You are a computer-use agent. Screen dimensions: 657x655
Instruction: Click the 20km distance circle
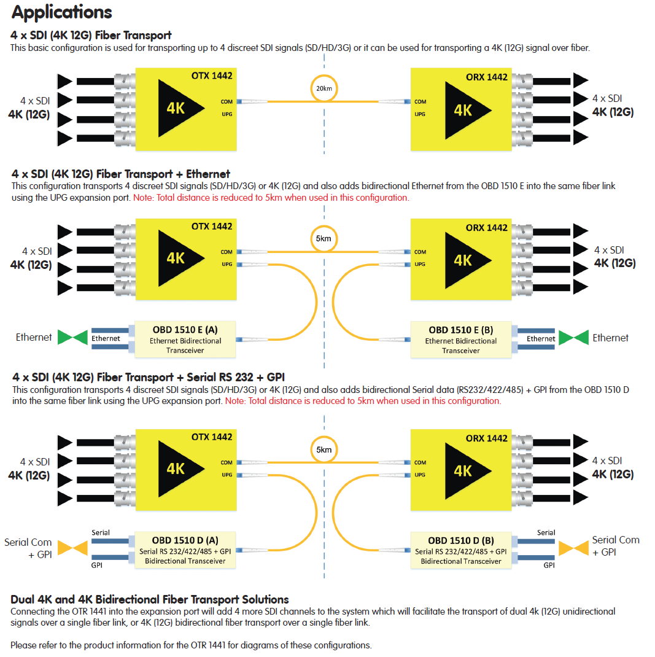coord(324,88)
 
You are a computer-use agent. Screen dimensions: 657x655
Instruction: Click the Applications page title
coord(62,12)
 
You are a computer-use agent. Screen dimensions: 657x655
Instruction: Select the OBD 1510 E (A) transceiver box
coord(186,339)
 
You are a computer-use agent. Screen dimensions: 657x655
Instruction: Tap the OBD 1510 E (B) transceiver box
coord(461,339)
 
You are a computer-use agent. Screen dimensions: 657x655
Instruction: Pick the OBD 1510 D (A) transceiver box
coord(186,550)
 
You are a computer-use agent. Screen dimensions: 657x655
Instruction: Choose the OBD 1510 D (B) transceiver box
coord(461,550)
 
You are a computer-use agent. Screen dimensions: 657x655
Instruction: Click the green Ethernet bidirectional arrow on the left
coord(72,337)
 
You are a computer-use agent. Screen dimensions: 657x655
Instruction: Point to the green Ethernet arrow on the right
coord(573,338)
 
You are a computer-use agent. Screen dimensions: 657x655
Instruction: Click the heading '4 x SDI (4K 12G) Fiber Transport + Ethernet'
coord(121,174)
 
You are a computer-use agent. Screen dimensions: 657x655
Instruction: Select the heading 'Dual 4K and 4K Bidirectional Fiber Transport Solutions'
coord(150,599)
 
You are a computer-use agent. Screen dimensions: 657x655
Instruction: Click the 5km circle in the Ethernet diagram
coord(324,238)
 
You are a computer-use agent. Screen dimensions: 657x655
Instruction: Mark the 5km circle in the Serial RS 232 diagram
coord(324,449)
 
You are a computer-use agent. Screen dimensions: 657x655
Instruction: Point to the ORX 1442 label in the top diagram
coord(487,77)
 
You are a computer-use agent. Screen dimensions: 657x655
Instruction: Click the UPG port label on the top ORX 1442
coord(420,114)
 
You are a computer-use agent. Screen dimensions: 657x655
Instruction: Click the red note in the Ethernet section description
coord(271,198)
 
